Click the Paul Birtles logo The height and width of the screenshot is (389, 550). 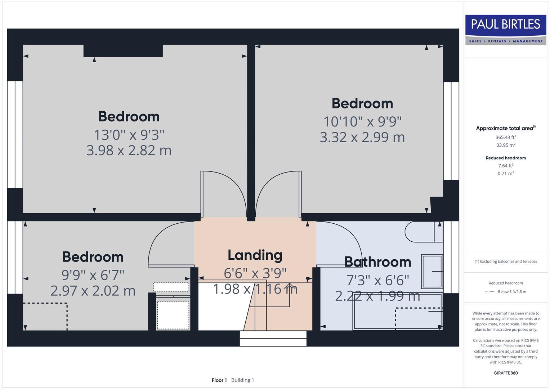[x=506, y=29]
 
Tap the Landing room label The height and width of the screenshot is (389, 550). [x=255, y=255]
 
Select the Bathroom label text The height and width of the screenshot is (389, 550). [x=377, y=262]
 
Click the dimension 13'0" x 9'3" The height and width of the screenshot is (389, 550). [x=129, y=135]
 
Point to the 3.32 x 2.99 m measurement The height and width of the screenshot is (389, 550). [x=362, y=137]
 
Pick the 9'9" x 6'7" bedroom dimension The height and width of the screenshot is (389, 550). [x=93, y=275]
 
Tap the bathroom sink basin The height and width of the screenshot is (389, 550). [x=431, y=271]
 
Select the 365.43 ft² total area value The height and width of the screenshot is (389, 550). [x=506, y=137]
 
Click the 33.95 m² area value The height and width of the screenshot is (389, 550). [x=506, y=145]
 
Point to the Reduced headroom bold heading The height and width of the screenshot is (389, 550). [x=506, y=158]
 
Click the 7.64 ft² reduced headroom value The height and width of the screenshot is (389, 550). [x=506, y=166]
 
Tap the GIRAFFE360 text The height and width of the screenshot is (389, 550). [x=506, y=373]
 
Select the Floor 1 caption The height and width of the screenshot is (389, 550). [x=219, y=380]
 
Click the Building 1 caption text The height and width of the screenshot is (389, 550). [x=242, y=380]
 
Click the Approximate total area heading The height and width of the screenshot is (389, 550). [x=505, y=128]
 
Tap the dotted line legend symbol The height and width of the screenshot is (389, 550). [x=490, y=292]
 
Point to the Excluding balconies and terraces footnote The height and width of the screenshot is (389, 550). [x=506, y=261]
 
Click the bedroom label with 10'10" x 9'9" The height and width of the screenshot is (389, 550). [x=362, y=103]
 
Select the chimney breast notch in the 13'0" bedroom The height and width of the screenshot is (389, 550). [x=123, y=51]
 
